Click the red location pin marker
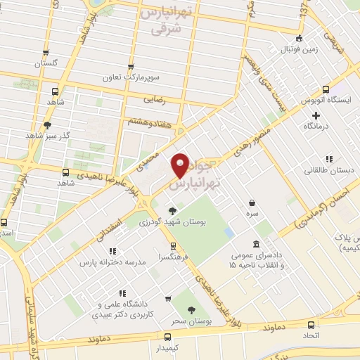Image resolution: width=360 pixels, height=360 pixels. pyautogui.click(x=181, y=166)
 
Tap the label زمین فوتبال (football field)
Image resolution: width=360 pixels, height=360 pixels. pyautogui.click(x=300, y=49)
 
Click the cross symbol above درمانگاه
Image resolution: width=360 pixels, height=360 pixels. pyautogui.click(x=316, y=115)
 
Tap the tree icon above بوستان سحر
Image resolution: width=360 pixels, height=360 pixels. pyautogui.click(x=190, y=309)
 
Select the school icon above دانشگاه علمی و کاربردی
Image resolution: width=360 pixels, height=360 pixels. pyautogui.click(x=122, y=293)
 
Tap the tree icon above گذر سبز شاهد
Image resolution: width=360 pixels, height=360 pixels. pyautogui.click(x=47, y=126)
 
